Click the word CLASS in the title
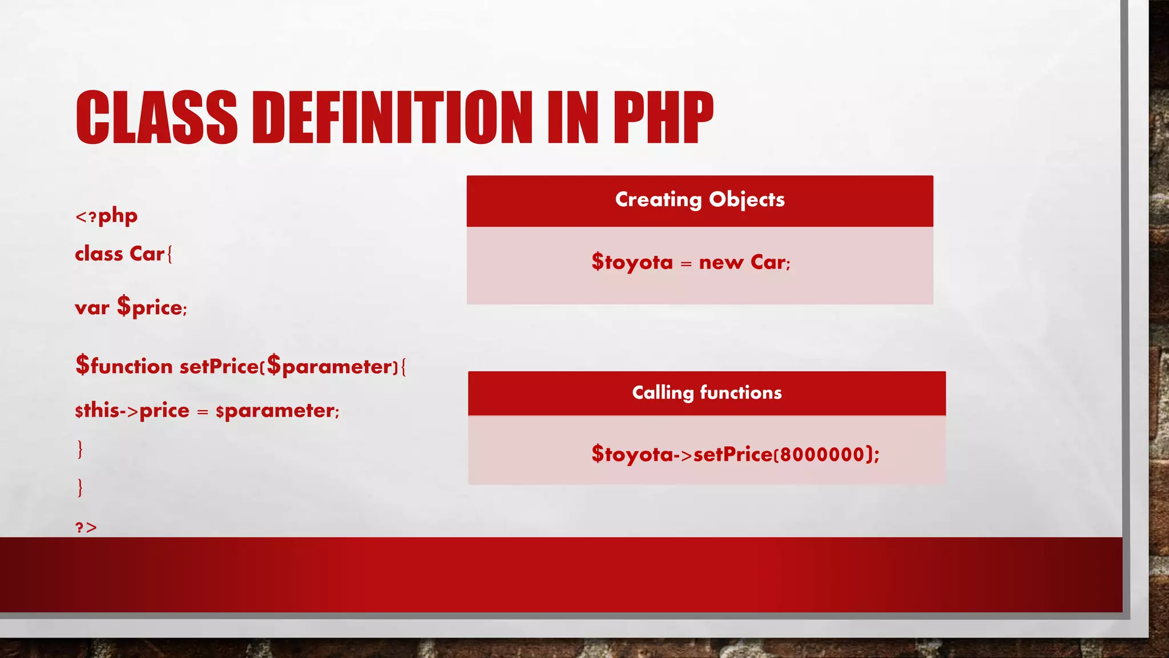click(156, 117)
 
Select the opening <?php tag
click(107, 216)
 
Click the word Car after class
click(147, 254)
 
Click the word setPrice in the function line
click(219, 366)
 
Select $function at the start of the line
click(124, 366)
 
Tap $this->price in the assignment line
click(132, 411)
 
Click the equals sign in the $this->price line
click(203, 412)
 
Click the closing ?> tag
click(86, 527)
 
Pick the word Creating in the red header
click(658, 199)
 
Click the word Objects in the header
click(747, 199)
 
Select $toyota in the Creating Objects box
click(632, 262)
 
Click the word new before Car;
click(721, 263)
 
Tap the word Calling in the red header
click(662, 393)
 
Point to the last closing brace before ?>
click(80, 487)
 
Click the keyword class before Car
click(99, 254)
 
